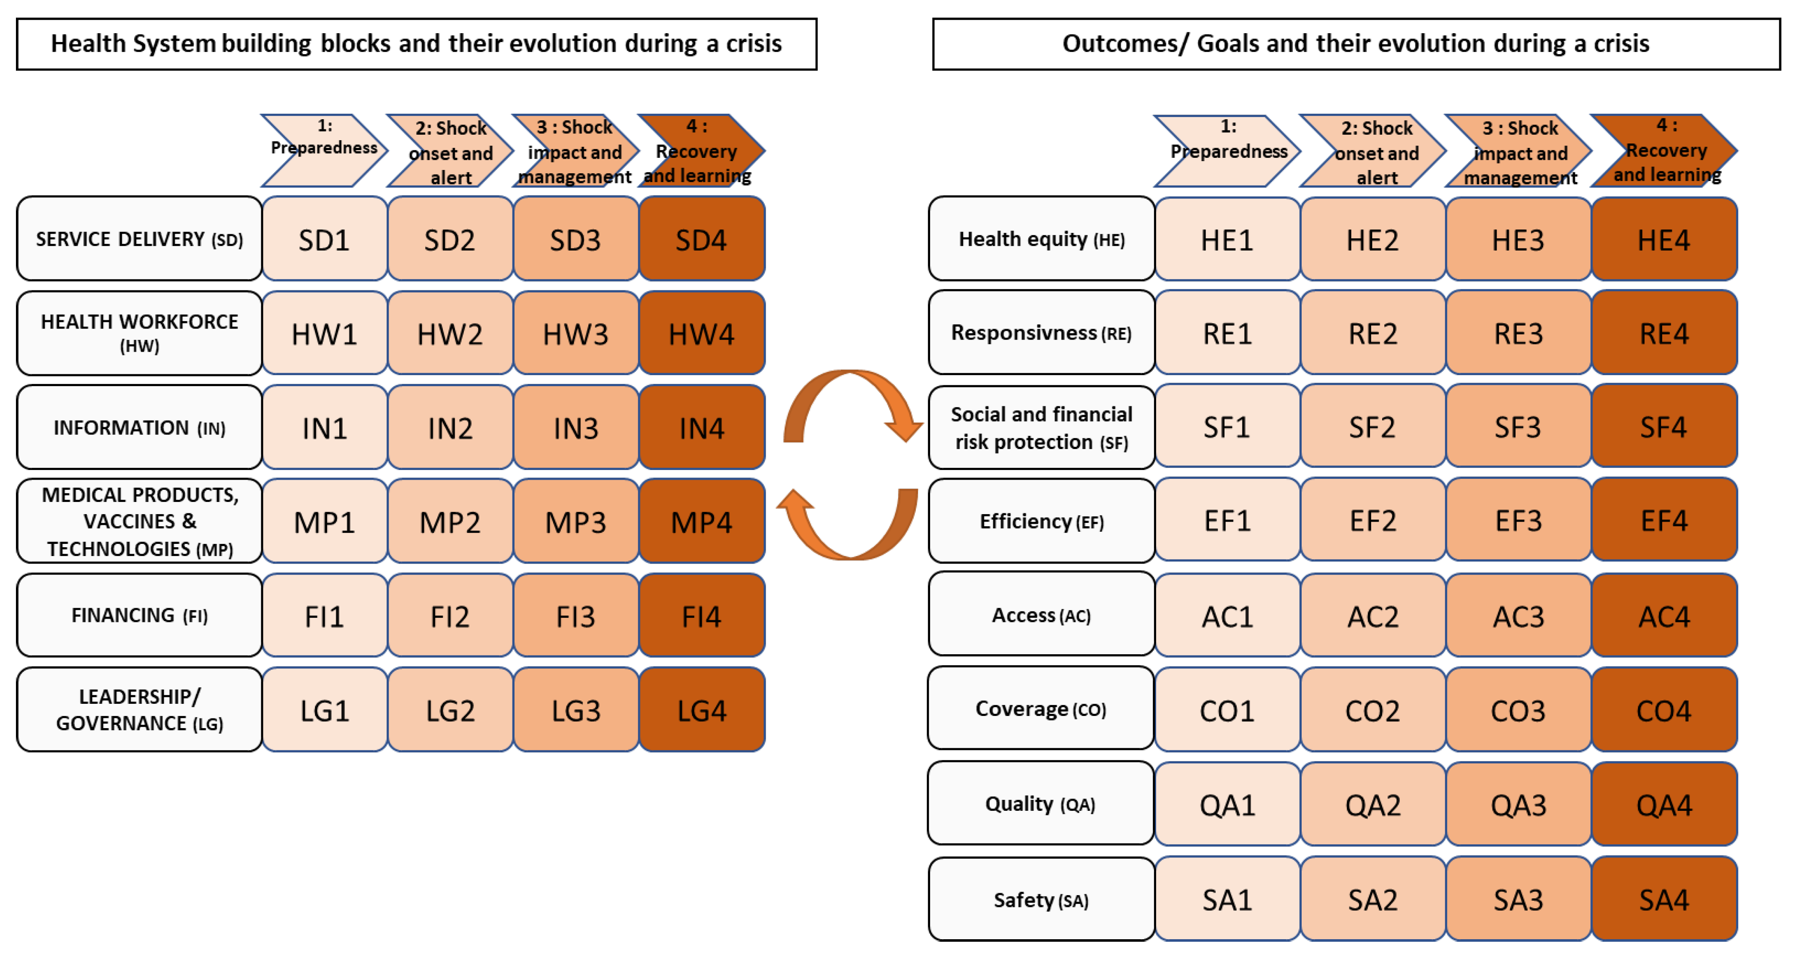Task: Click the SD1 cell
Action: (324, 239)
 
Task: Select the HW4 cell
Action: (701, 333)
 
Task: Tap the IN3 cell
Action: (575, 427)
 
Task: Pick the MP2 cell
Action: (450, 521)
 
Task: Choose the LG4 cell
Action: (701, 709)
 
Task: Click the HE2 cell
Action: (1372, 239)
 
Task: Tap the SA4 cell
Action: (1664, 899)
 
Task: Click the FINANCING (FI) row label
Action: (140, 615)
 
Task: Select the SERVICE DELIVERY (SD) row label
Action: (140, 239)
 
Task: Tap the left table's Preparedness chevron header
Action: (322, 150)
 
